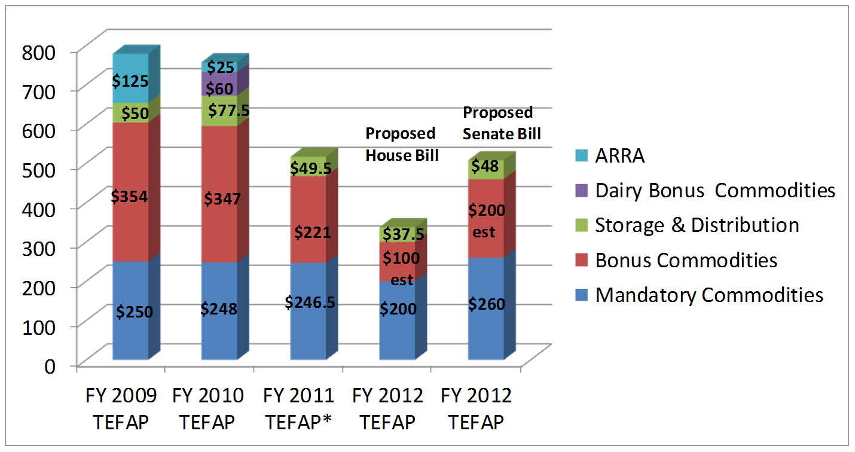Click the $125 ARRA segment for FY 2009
pyautogui.click(x=130, y=80)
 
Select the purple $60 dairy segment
pyautogui.click(x=219, y=87)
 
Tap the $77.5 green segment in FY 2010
pyautogui.click(x=219, y=111)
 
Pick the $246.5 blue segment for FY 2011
pyautogui.click(x=309, y=302)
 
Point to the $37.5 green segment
pyautogui.click(x=397, y=234)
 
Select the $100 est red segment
pyautogui.click(x=397, y=268)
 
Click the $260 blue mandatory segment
pyautogui.click(x=485, y=304)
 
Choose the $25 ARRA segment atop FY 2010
pyautogui.click(x=219, y=66)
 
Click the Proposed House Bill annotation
pyautogui.click(x=402, y=144)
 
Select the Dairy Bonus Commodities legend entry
pyautogui.click(x=714, y=191)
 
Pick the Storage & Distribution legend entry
pyautogui.click(x=697, y=225)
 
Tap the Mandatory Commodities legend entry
pyautogui.click(x=709, y=295)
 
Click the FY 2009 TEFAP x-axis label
pyautogui.click(x=121, y=409)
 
